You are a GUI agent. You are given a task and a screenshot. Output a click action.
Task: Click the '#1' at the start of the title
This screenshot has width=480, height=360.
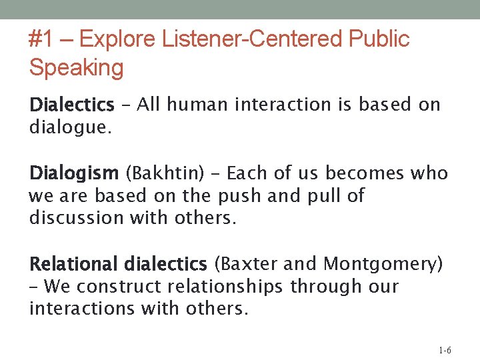click(x=41, y=39)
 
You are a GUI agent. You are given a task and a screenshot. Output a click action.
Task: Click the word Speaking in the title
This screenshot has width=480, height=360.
click(x=76, y=67)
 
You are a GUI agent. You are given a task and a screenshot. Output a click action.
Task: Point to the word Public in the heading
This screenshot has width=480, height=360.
click(x=379, y=39)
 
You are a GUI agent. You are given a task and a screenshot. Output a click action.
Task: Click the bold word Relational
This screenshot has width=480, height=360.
click(x=74, y=265)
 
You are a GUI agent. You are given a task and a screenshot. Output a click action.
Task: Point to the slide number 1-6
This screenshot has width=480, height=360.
click(x=445, y=351)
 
